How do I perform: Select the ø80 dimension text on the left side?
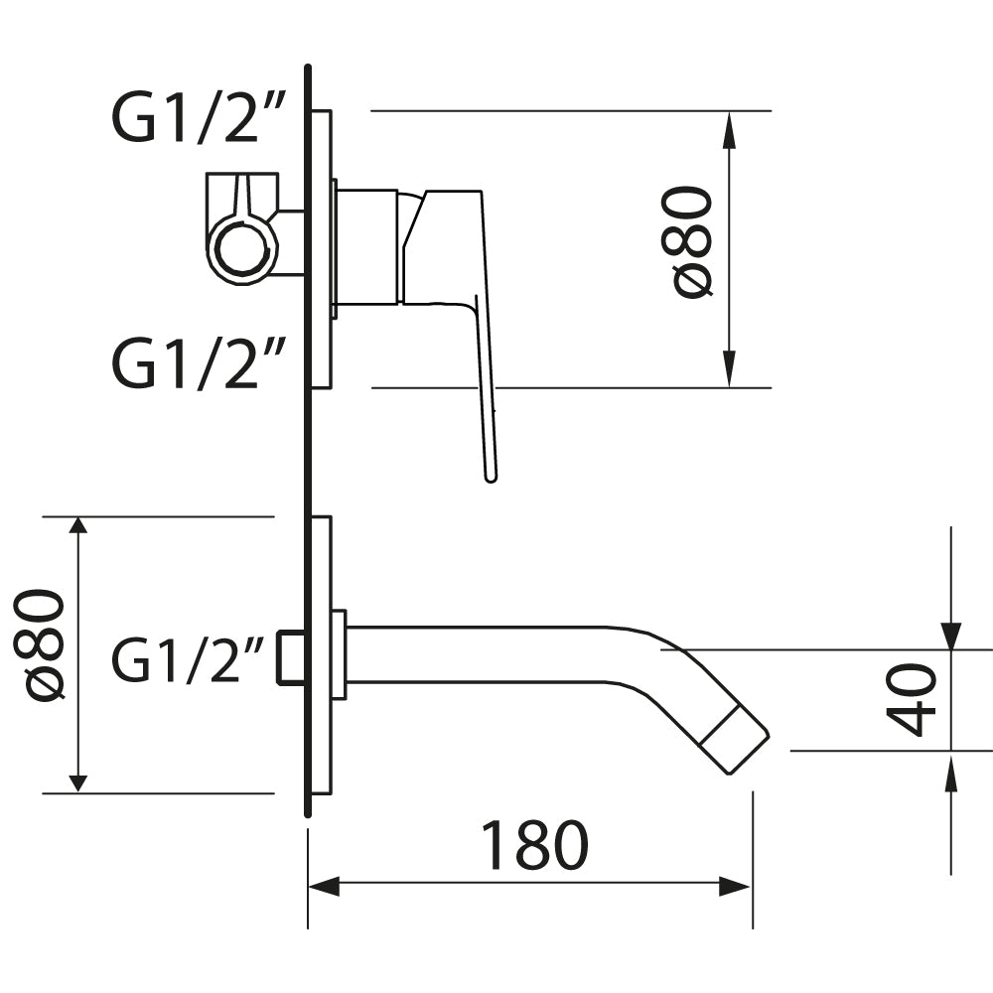[44, 645]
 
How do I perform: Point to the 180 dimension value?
[534, 846]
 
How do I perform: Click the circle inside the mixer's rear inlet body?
[240, 248]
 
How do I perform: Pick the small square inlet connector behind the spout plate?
[291, 657]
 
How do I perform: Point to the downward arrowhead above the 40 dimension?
[950, 636]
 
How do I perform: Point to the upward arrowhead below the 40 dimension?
[950, 766]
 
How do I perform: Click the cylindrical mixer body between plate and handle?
[367, 246]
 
